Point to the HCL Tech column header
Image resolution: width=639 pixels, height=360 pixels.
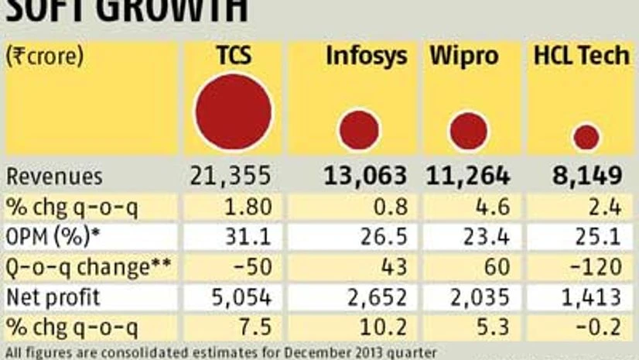(581, 57)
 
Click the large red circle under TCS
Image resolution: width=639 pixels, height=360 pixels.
(233, 112)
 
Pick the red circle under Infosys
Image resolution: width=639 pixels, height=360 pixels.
(360, 129)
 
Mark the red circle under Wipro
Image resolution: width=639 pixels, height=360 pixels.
(469, 130)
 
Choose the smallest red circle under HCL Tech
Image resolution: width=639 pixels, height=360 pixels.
(586, 137)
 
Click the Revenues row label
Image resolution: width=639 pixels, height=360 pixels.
(54, 176)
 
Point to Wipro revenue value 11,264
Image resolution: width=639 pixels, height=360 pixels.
(468, 176)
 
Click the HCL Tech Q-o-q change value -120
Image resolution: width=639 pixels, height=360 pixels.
(596, 267)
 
